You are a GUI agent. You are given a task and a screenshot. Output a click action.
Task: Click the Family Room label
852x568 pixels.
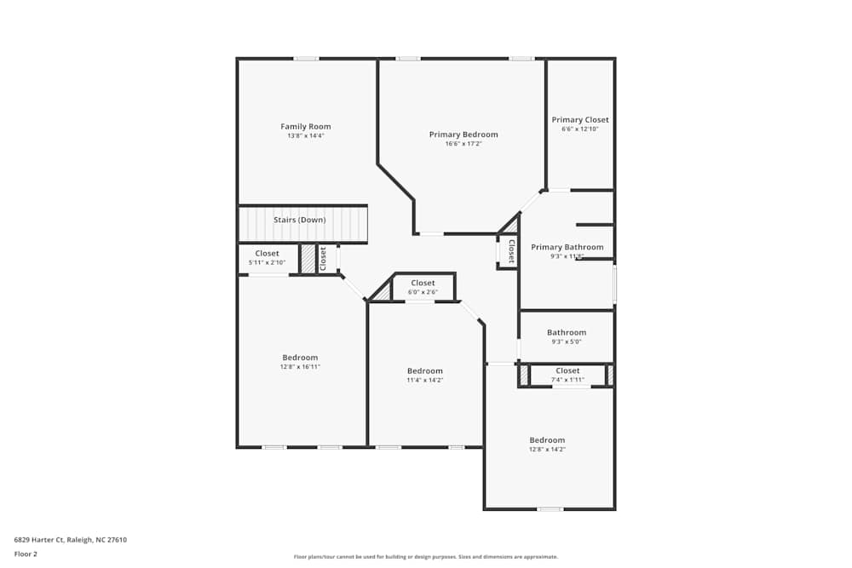click(x=306, y=127)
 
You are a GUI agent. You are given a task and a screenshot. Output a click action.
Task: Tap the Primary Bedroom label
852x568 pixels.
click(x=463, y=135)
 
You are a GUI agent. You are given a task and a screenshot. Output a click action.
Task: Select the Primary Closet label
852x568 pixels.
click(x=580, y=120)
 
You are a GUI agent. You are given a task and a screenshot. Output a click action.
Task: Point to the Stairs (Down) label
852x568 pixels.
click(x=300, y=220)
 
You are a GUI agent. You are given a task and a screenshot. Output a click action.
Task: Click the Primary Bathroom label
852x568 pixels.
click(x=567, y=248)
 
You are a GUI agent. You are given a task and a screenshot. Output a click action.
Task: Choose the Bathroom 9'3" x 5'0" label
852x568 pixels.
click(x=567, y=333)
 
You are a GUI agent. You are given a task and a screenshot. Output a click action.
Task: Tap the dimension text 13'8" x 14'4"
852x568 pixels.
click(x=306, y=136)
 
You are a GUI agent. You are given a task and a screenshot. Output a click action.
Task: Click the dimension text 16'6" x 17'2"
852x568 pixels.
click(x=463, y=144)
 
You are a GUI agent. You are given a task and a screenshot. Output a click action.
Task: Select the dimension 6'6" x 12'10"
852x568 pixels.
click(x=580, y=129)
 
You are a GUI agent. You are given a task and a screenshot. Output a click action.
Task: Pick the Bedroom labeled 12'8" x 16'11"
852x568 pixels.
click(x=300, y=358)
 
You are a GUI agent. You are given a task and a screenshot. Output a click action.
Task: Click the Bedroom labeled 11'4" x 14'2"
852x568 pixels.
click(x=425, y=371)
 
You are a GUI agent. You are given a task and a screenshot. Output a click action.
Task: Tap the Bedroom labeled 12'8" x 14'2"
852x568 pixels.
click(x=547, y=440)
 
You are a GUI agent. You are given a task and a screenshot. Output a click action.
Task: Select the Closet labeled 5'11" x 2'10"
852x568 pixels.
click(x=268, y=254)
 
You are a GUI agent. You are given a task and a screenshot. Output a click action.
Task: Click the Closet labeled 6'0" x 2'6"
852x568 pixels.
click(x=423, y=283)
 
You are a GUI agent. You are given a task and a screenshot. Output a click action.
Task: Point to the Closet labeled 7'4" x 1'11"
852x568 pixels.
click(x=567, y=371)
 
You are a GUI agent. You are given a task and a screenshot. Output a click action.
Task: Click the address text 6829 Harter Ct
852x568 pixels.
click(x=71, y=540)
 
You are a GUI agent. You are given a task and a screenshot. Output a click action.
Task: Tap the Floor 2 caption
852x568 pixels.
click(x=26, y=554)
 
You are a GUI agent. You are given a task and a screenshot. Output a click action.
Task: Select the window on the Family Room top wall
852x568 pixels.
click(x=307, y=59)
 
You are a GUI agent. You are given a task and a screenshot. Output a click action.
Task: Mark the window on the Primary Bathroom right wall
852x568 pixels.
click(x=614, y=284)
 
